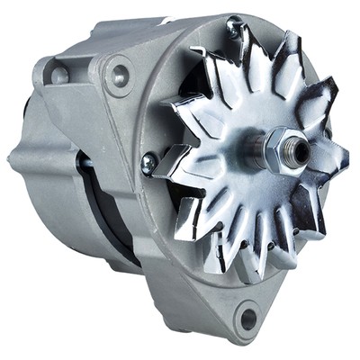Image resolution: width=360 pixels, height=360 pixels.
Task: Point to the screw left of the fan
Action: coord(148,163)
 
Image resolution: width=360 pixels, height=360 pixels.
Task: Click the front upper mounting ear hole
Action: coord(117,76)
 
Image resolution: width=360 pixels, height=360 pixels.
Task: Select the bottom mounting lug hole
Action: coord(247,316)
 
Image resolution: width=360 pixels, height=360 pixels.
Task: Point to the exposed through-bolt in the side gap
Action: coord(85,165)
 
